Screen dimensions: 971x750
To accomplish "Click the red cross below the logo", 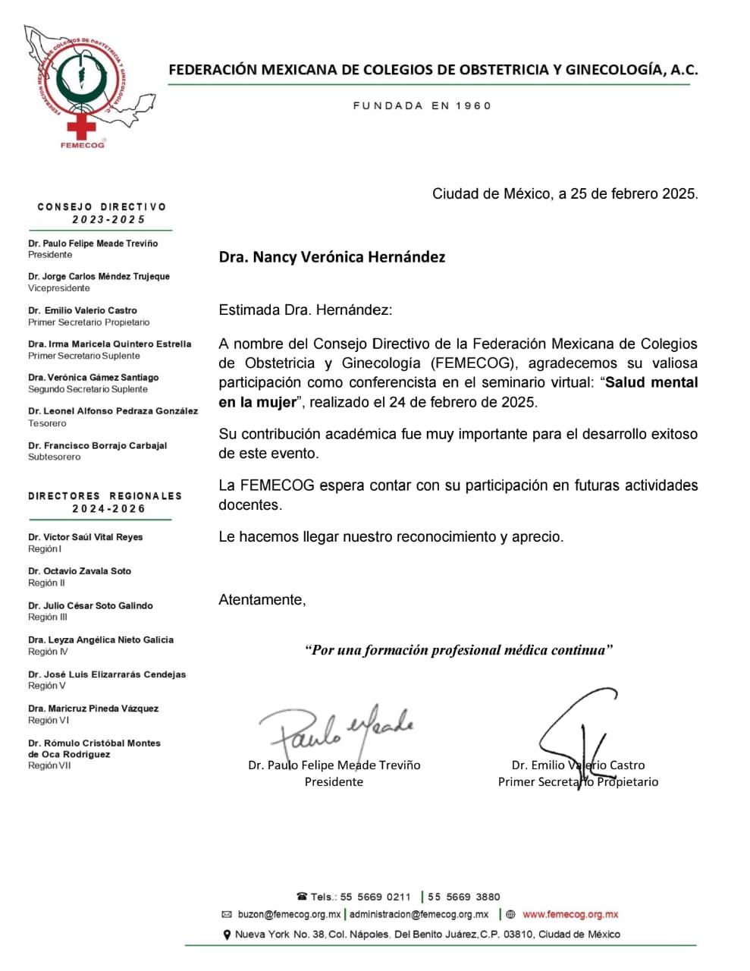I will pos(81,125).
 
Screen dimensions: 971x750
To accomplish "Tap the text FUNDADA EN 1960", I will pos(422,106).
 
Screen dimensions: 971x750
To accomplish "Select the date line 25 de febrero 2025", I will pos(565,194).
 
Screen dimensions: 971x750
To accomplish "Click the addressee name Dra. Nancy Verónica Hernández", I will pos(332,257).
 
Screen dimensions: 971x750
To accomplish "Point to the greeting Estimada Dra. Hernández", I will pos(306,310).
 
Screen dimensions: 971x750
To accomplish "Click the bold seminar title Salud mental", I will pos(652,383).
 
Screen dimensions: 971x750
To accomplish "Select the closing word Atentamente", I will pos(262,600).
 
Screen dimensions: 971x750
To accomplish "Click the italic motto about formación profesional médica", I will pos(459,650).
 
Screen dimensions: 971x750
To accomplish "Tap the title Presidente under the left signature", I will pos(334,782).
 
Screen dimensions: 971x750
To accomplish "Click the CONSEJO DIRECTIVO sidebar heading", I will pos(102,207).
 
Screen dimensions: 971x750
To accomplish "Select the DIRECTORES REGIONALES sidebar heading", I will pos(105,496).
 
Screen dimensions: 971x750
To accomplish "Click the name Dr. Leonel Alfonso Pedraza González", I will pos(113,411).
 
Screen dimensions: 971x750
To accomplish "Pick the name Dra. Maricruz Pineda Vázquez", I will pos(93,709).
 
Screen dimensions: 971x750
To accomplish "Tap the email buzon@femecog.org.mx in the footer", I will pos(288,915).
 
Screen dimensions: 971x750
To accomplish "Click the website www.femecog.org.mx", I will pos(570,915).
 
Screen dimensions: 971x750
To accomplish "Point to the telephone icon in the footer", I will pos(302,897).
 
